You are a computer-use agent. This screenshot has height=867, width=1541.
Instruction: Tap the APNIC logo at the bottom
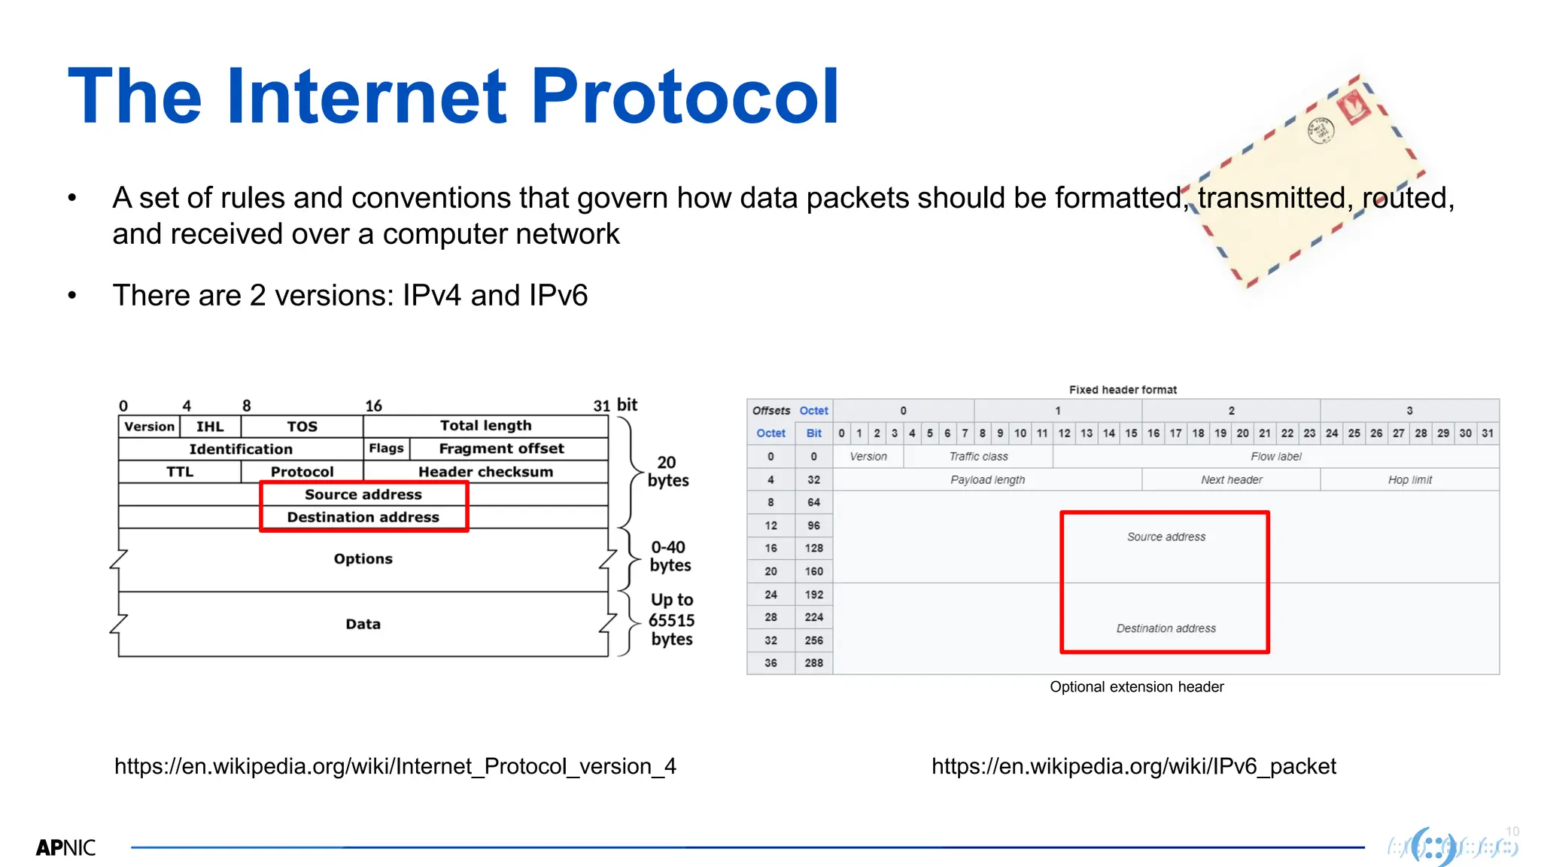point(65,847)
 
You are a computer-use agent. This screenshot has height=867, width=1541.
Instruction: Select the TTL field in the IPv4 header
point(180,472)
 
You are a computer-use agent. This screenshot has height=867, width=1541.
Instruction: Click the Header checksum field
point(485,472)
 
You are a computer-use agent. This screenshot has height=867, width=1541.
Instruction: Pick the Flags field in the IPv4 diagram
point(386,449)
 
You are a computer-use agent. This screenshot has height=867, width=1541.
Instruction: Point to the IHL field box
point(210,427)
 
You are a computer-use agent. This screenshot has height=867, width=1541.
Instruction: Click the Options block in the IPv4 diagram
point(363,559)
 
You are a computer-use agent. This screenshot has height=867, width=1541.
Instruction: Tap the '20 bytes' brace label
point(667,472)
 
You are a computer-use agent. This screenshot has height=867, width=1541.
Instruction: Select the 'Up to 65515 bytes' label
point(671,619)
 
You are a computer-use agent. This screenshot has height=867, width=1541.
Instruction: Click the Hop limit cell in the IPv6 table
point(1409,480)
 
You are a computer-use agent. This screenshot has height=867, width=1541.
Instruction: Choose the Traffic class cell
point(978,457)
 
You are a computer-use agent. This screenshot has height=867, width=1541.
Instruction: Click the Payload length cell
point(987,480)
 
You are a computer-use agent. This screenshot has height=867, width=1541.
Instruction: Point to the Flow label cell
point(1275,457)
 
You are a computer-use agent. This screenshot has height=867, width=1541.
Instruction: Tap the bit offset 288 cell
point(813,663)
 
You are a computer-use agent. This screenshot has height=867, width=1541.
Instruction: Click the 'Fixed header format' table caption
point(1123,390)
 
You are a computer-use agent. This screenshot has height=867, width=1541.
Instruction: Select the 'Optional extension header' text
point(1136,687)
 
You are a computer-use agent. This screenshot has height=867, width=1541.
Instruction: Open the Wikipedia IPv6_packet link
point(1133,766)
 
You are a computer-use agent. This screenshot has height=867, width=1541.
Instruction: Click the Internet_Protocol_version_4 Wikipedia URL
point(395,766)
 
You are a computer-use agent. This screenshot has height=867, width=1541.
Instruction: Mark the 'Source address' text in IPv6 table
point(1166,537)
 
